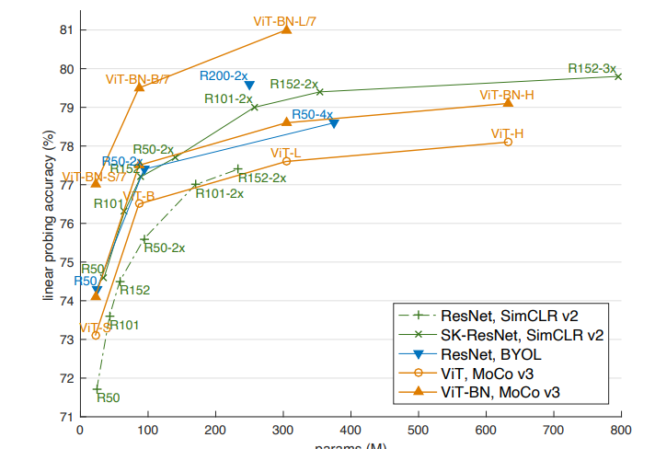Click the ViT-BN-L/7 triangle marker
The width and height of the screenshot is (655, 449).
coord(286,29)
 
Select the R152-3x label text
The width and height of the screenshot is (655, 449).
coord(592,67)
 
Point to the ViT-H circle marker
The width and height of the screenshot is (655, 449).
coord(508,142)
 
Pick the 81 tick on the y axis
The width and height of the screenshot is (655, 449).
coord(66,29)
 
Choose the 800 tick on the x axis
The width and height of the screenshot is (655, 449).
coord(621,429)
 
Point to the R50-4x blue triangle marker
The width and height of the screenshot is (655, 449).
coord(333,123)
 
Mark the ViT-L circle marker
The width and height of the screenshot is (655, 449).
coord(286,161)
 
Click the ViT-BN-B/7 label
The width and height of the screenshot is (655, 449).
coord(137,80)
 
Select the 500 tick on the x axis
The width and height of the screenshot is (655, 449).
coord(419,429)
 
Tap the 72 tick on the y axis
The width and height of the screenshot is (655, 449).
coord(66,377)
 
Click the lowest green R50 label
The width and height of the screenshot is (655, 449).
coord(109,397)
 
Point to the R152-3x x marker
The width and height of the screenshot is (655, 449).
coord(618,76)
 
